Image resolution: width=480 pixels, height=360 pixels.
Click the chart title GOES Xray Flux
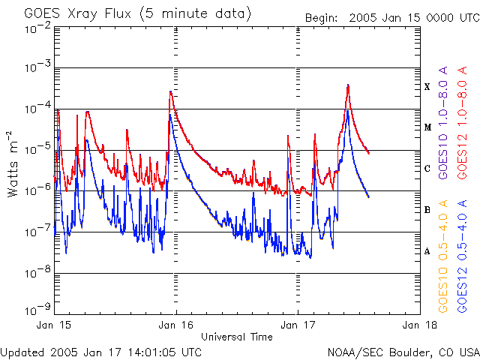137,13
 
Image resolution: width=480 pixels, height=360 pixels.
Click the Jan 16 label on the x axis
177,325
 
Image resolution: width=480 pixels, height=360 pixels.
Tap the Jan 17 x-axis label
298,325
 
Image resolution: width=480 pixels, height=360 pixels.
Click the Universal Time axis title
237,337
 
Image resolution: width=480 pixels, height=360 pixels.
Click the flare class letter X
427,87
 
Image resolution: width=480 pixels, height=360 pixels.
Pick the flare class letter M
427,127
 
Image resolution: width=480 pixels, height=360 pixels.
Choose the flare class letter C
427,169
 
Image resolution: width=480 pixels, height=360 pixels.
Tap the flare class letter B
427,210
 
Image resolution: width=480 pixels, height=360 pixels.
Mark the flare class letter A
427,251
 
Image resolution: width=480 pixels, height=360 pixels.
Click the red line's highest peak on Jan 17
349,85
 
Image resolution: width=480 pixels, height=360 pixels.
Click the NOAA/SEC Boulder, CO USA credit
403,352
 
